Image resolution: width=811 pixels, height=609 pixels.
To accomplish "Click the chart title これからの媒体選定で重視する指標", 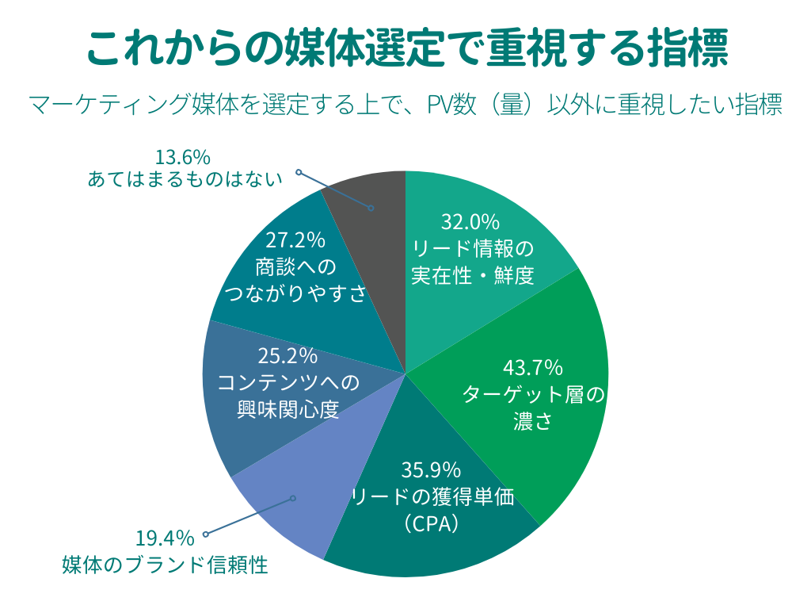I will click(405, 48).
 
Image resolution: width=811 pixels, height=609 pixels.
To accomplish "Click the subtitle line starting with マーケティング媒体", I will click(405, 105).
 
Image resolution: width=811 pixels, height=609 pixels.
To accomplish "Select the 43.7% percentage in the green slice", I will click(533, 368).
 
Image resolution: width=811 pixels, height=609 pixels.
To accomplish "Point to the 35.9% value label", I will click(431, 470).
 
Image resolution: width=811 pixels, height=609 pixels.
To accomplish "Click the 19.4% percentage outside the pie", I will click(165, 539).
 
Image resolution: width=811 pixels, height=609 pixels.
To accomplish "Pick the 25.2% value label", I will click(288, 355).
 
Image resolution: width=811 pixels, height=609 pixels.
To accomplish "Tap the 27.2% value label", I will click(295, 239).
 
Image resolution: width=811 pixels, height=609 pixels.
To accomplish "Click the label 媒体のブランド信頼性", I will click(165, 565).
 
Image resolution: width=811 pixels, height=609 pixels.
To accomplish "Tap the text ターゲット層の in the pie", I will click(533, 394).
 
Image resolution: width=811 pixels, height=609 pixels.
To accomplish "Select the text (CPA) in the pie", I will click(431, 523).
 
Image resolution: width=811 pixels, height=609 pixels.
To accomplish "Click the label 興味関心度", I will click(288, 410).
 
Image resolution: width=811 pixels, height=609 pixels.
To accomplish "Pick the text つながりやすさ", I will click(295, 294).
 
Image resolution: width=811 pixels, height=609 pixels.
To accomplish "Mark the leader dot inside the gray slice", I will click(371, 208).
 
